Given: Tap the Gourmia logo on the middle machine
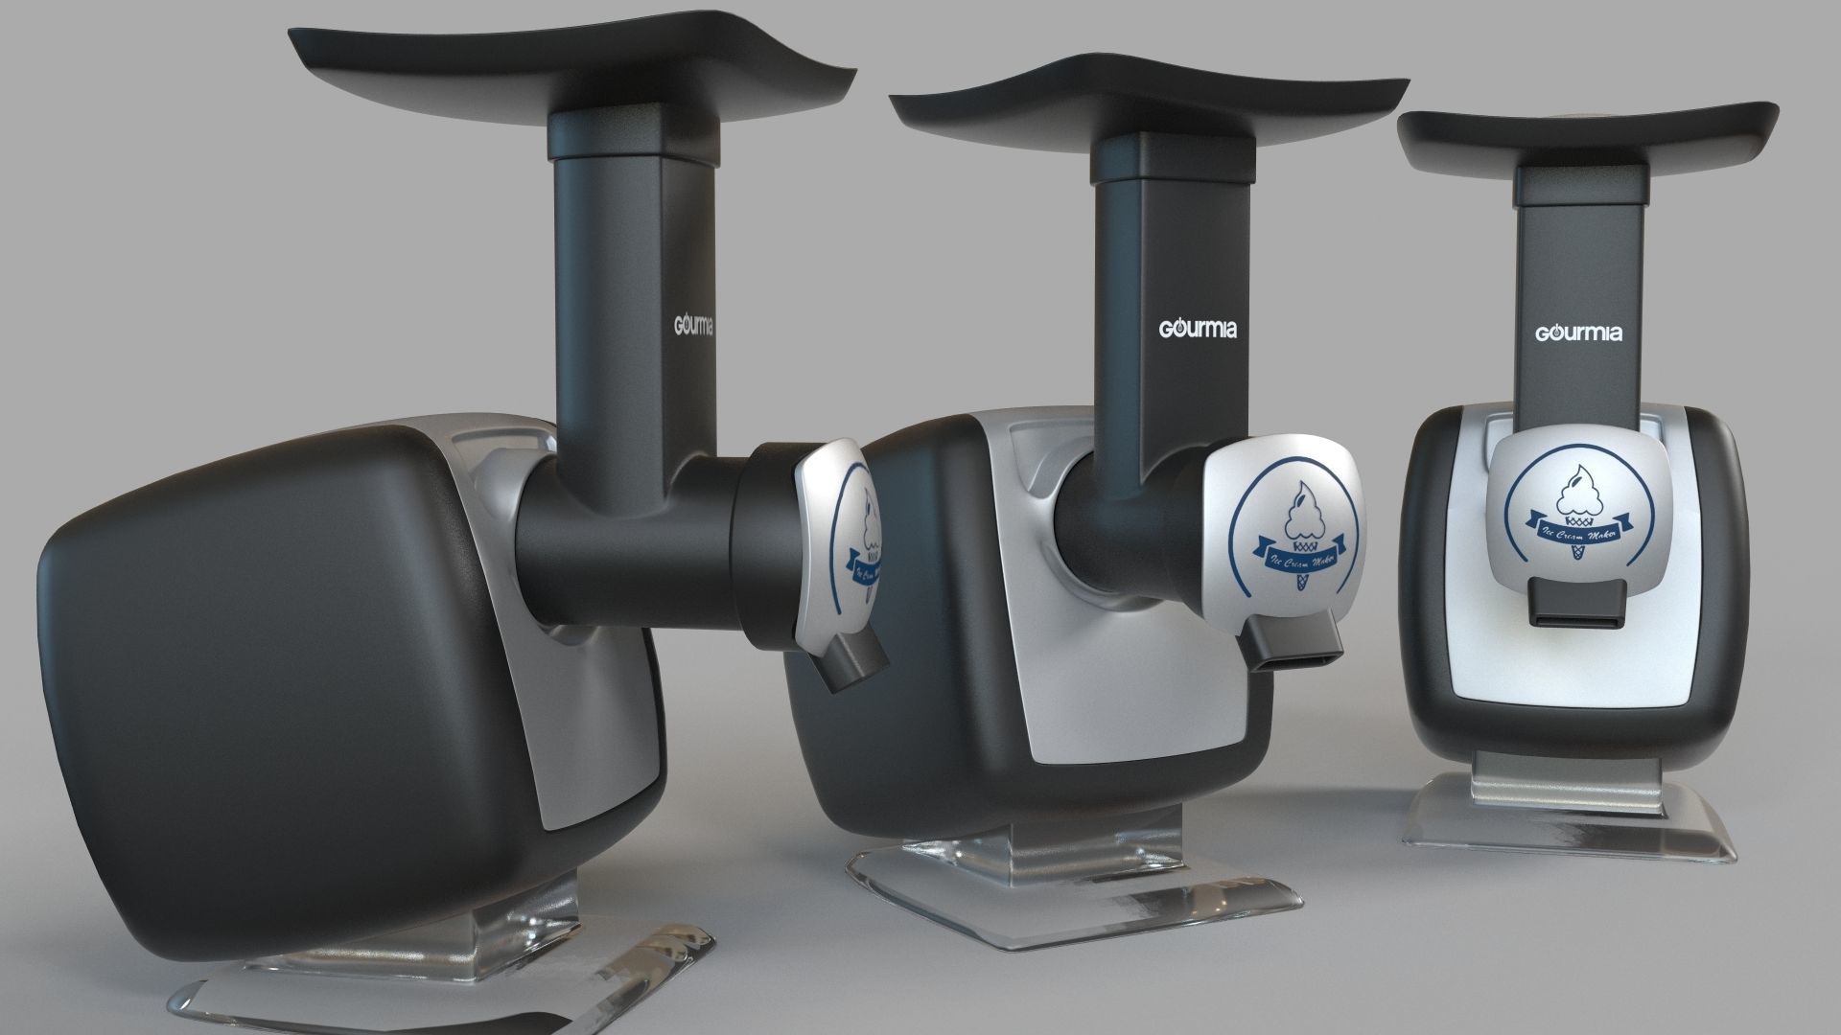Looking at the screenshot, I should point(1198,329).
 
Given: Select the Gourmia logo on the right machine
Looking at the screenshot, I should point(1578,333).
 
